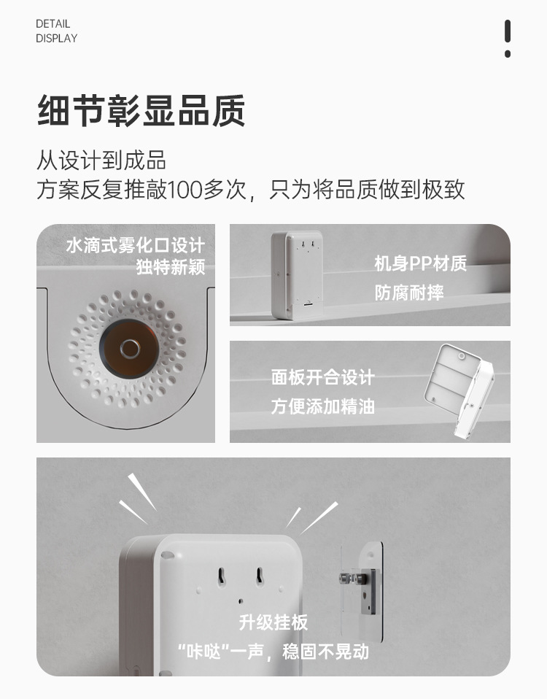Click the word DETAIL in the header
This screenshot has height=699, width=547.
click(x=53, y=23)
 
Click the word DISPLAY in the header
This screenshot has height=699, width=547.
click(x=57, y=39)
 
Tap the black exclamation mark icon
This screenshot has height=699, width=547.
click(x=508, y=39)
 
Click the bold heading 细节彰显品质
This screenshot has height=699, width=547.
click(x=141, y=111)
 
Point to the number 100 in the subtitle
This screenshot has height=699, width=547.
click(x=185, y=190)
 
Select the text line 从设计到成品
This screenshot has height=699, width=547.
click(x=101, y=160)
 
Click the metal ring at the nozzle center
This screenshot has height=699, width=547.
click(x=130, y=349)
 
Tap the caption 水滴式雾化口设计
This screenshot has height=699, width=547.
click(x=136, y=245)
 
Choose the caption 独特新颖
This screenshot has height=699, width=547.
click(x=171, y=267)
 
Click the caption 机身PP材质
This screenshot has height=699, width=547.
click(x=421, y=263)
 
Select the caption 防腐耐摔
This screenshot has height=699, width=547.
click(x=409, y=293)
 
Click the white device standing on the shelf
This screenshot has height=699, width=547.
click(x=297, y=274)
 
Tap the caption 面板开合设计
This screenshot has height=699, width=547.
click(x=323, y=377)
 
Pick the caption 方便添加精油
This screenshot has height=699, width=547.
click(x=323, y=406)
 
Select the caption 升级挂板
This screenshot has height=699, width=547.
click(x=273, y=622)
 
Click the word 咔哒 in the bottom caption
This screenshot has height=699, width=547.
click(x=203, y=652)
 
